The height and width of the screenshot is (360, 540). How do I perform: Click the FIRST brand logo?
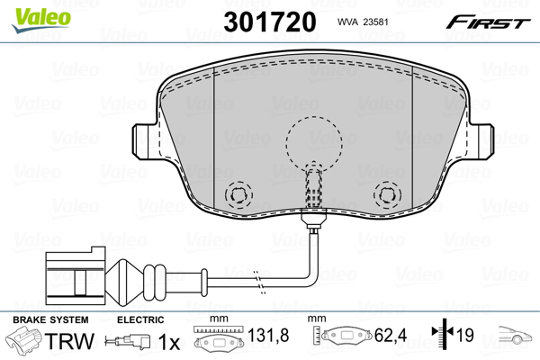[490, 22]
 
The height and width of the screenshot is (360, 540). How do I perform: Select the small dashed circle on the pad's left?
[239, 193]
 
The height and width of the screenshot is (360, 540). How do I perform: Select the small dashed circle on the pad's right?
[387, 193]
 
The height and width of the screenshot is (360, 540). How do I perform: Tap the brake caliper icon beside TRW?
[23, 341]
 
